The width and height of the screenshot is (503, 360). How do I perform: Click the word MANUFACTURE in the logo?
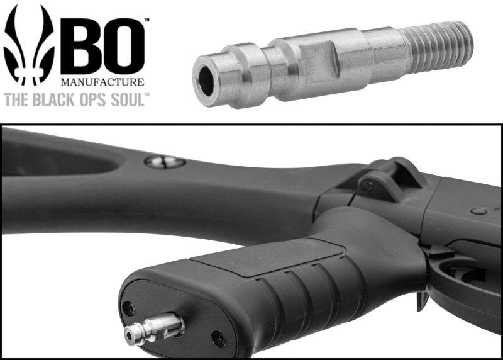coord(102,82)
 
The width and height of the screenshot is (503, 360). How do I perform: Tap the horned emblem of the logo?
coord(28,45)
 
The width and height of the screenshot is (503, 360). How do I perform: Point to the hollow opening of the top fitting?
coord(206,80)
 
